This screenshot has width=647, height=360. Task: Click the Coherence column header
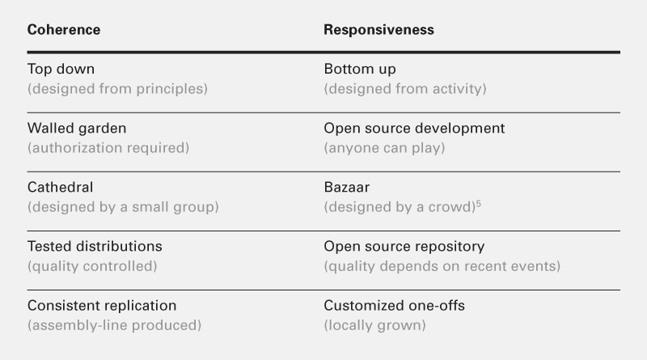point(64,30)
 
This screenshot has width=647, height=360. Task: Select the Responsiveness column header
point(378,30)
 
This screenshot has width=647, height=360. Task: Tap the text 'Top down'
point(61,69)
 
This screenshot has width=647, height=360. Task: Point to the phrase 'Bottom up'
point(360,69)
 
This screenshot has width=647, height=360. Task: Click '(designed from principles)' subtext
point(117,89)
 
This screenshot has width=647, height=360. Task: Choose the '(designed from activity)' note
point(405,89)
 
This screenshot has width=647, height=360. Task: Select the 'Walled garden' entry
point(77,128)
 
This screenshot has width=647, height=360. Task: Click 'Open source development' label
point(414,128)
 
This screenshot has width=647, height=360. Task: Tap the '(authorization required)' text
point(108,148)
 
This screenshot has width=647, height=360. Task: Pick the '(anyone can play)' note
point(385,148)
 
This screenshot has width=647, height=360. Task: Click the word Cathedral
point(60,187)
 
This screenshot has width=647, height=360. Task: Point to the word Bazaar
point(347,187)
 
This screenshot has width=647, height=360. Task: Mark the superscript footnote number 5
point(479,204)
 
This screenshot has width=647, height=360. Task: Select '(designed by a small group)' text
point(123,207)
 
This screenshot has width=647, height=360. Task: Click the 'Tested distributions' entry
point(95,246)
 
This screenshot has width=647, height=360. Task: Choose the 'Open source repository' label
point(404,247)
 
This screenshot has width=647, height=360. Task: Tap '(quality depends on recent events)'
point(442,266)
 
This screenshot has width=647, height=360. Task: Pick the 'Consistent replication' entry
point(102,306)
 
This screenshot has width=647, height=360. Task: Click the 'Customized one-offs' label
point(395,306)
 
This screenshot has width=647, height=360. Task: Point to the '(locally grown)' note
point(374,325)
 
